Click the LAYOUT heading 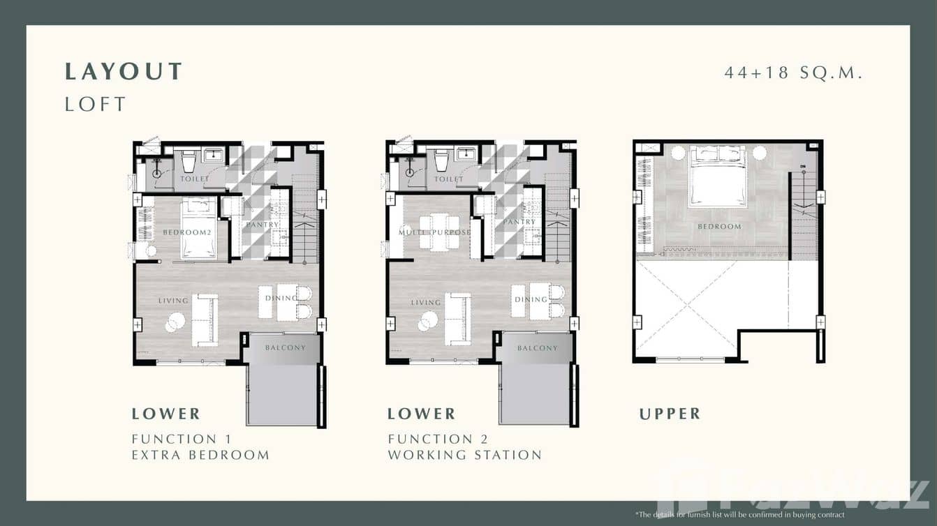pyautogui.click(x=124, y=71)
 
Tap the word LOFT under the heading pyautogui.click(x=96, y=105)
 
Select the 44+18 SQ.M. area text pyautogui.click(x=794, y=72)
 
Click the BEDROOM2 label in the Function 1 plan pyautogui.click(x=186, y=232)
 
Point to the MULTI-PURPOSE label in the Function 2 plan pyautogui.click(x=434, y=232)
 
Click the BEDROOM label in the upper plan pyautogui.click(x=718, y=227)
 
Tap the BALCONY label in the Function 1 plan pyautogui.click(x=285, y=347)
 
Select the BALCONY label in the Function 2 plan pyautogui.click(x=538, y=347)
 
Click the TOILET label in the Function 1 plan pyautogui.click(x=195, y=179)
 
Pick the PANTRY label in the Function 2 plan pyautogui.click(x=519, y=222)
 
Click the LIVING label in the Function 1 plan pyautogui.click(x=173, y=301)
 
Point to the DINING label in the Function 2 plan pyautogui.click(x=531, y=299)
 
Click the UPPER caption pyautogui.click(x=670, y=414)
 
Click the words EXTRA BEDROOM pyautogui.click(x=200, y=455)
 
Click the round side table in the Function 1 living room pyautogui.click(x=175, y=321)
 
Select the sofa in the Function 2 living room pyautogui.click(x=458, y=319)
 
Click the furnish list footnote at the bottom pyautogui.click(x=739, y=514)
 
